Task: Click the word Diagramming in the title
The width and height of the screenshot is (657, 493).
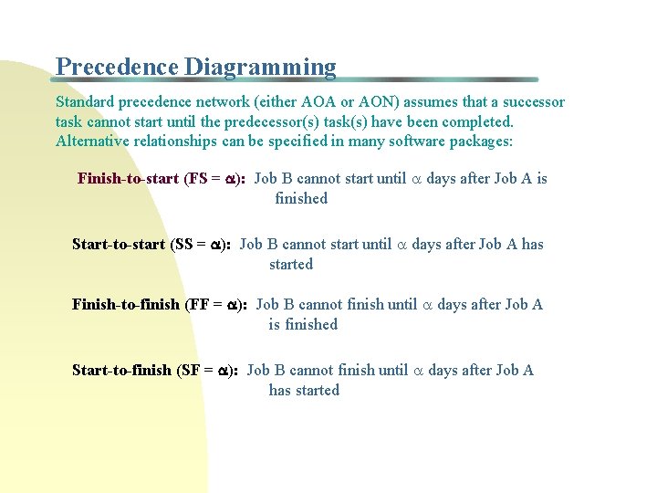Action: pos(260,68)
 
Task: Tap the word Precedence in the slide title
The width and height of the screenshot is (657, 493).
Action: pos(117,68)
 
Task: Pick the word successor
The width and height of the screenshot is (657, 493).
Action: pos(531,102)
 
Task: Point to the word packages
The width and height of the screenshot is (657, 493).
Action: pos(479,141)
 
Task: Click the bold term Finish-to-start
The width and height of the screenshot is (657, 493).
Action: pos(128,178)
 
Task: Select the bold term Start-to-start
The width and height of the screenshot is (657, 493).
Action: pos(119,244)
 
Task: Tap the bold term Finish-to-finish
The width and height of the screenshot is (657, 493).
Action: pos(126,304)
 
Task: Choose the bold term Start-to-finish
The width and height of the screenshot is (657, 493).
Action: pos(121,370)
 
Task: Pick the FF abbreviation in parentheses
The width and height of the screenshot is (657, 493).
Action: pos(200,304)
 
